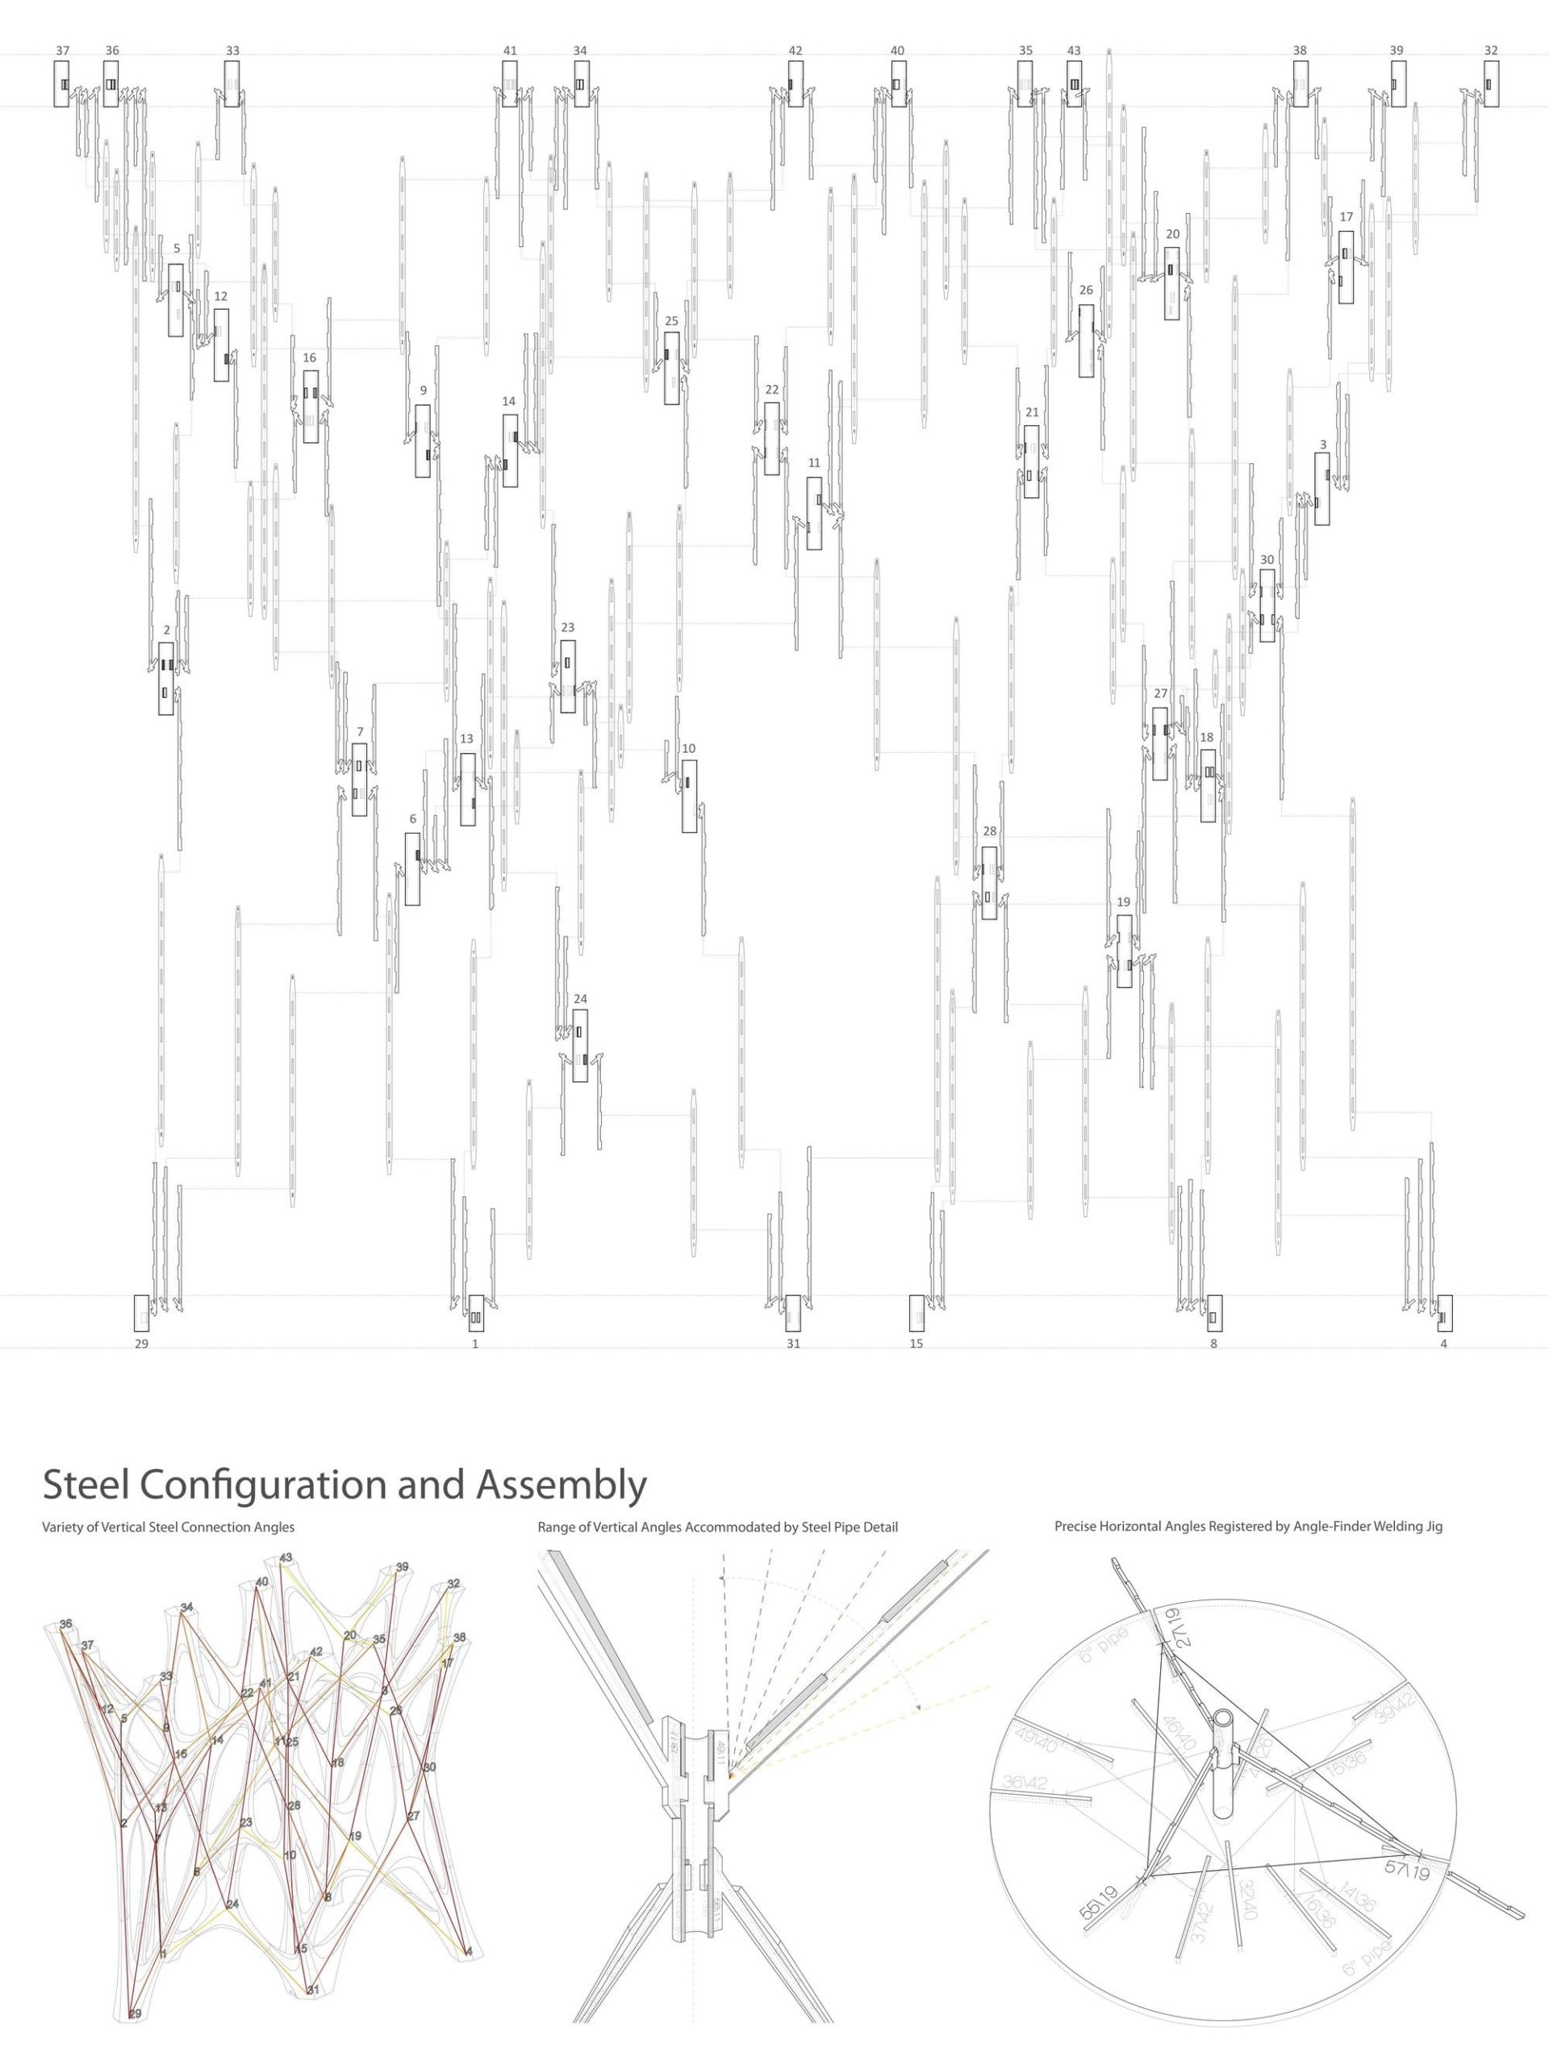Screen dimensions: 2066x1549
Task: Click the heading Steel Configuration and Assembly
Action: tap(344, 1484)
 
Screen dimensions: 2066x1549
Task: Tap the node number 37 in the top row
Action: tap(63, 50)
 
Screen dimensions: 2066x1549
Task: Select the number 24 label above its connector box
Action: tap(580, 998)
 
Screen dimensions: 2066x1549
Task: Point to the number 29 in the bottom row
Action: tap(141, 1344)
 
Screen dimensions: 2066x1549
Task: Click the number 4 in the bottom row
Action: tap(1443, 1344)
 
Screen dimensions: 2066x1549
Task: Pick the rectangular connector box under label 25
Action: tap(671, 368)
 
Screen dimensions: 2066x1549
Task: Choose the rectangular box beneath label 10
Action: tap(689, 796)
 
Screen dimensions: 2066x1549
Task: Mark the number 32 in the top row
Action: tap(1491, 50)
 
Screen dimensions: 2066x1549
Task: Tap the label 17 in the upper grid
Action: tap(1346, 216)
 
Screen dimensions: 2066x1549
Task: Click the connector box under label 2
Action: tap(166, 679)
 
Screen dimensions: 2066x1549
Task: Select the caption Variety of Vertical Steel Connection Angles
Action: tap(168, 1527)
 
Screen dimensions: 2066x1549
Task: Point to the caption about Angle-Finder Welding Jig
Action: tap(1248, 1526)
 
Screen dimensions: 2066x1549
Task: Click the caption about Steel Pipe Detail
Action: tap(717, 1527)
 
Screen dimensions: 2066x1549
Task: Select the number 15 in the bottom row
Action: tap(916, 1344)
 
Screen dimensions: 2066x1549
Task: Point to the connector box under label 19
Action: tap(1124, 951)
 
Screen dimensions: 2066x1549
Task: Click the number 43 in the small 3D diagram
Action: tap(286, 1558)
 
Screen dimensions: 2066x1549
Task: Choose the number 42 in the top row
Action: tap(795, 50)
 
